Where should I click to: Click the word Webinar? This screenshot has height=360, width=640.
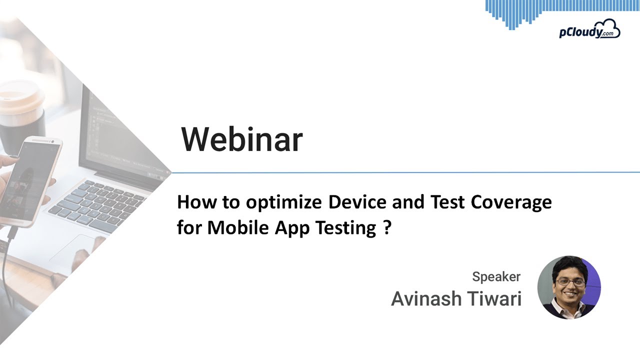pos(241,139)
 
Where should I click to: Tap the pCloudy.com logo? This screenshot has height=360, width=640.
pos(589,30)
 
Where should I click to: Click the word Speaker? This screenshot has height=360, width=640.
pos(496,276)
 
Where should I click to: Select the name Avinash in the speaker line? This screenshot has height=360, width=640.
pos(426,299)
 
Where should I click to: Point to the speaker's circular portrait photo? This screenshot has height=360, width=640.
pos(569,287)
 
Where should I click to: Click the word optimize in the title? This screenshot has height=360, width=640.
pos(284,203)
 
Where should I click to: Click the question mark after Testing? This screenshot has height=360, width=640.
pos(387,227)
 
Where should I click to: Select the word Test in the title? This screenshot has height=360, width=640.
pos(445,202)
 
